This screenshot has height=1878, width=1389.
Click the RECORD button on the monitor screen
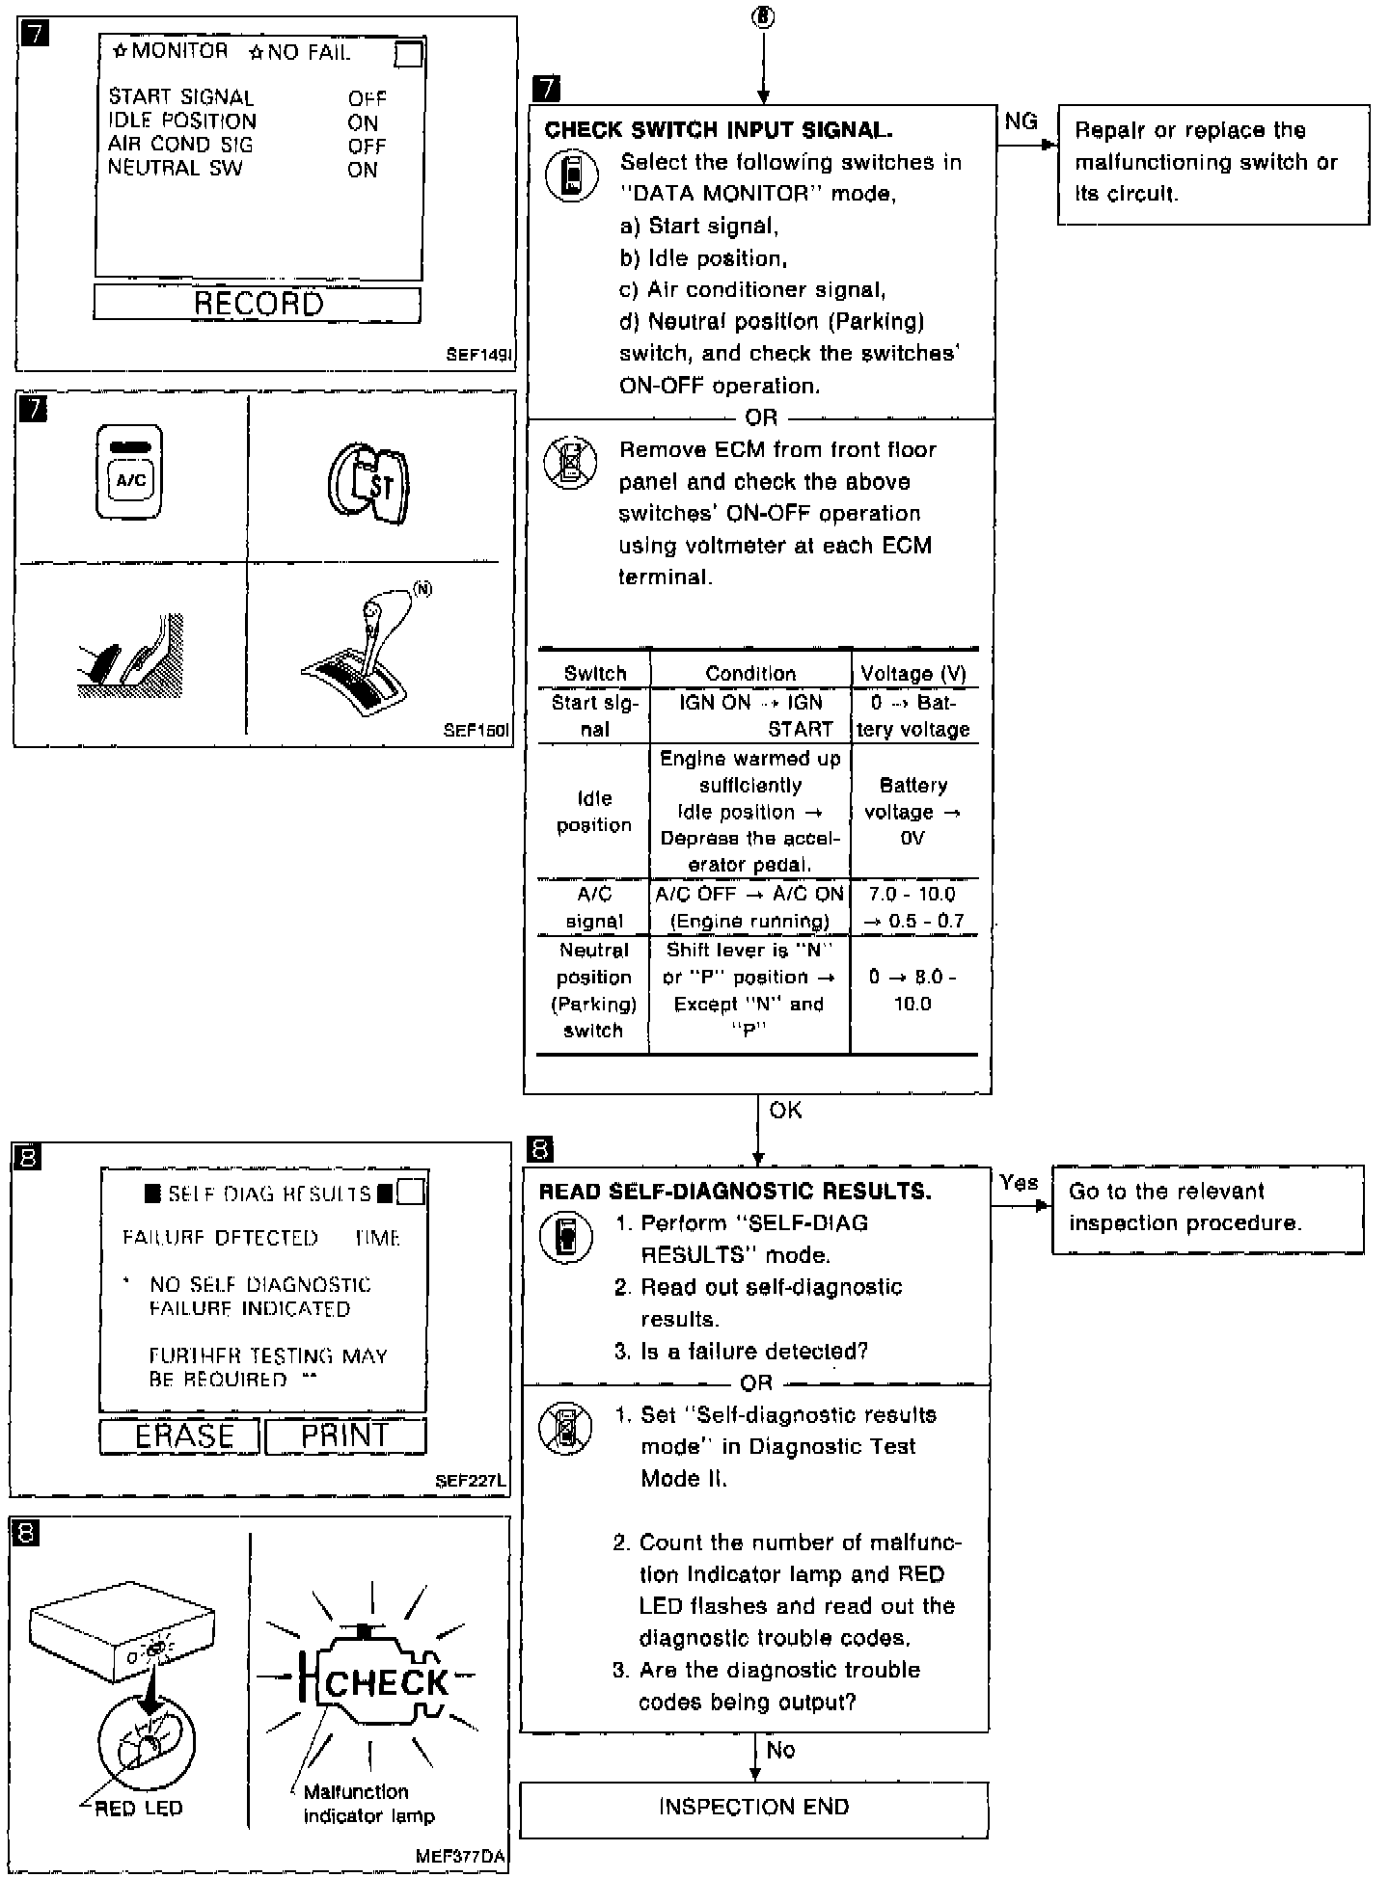(x=258, y=304)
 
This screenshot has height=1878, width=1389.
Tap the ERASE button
(x=180, y=1436)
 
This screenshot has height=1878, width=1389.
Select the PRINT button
(x=344, y=1436)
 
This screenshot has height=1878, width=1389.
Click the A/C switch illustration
(x=130, y=472)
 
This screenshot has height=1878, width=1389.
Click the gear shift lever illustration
(x=367, y=660)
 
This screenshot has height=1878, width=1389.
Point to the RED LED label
(x=138, y=1809)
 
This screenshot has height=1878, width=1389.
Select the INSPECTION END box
(x=753, y=1807)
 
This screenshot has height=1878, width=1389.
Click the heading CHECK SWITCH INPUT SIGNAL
(x=719, y=130)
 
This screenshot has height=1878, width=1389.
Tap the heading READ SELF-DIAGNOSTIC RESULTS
(x=735, y=1192)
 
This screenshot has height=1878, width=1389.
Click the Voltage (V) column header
(x=912, y=673)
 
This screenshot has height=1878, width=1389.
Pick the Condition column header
(x=750, y=673)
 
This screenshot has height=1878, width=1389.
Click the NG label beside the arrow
(x=1021, y=121)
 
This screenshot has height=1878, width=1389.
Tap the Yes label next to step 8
(x=1019, y=1183)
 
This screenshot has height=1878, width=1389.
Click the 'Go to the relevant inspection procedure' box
(x=1207, y=1208)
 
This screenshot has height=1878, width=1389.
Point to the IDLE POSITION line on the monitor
(x=182, y=121)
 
